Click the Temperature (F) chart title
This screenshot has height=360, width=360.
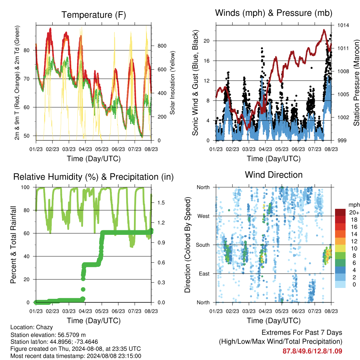pyautogui.click(x=94, y=15)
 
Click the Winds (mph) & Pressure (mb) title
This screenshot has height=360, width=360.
pyautogui.click(x=274, y=13)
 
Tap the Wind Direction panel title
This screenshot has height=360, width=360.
pyautogui.click(x=274, y=175)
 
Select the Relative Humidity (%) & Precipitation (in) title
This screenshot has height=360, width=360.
pyautogui.click(x=94, y=177)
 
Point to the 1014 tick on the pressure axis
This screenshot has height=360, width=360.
pyautogui.click(x=343, y=25)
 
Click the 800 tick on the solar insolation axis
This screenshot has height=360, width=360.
pyautogui.click(x=162, y=46)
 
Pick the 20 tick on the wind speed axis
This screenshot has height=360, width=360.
pyautogui.click(x=206, y=41)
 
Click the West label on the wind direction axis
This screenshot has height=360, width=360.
pyautogui.click(x=203, y=216)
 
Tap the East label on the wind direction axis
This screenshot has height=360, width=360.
pyautogui.click(x=204, y=274)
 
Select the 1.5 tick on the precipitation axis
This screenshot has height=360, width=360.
pyautogui.click(x=161, y=203)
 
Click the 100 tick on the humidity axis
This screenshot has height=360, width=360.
pyautogui.click(x=25, y=187)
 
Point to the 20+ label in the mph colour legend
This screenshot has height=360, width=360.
pyautogui.click(x=354, y=212)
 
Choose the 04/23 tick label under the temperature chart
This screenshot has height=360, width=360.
pyautogui.click(x=85, y=149)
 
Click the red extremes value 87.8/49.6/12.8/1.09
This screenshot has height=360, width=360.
pyautogui.click(x=312, y=351)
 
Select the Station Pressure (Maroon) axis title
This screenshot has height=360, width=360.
pyautogui.click(x=356, y=83)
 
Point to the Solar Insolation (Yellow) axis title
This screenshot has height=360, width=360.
pyautogui.click(x=172, y=83)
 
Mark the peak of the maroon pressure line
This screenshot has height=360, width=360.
pyautogui.click(x=324, y=30)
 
